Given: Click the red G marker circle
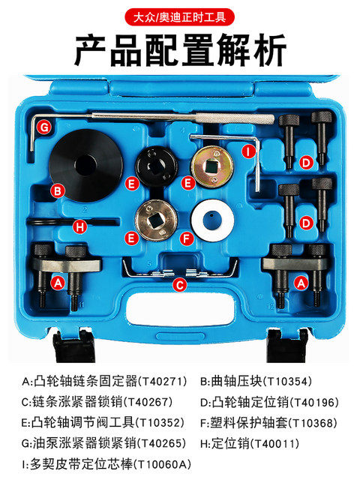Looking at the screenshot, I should (x=44, y=127).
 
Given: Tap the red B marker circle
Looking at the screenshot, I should (x=56, y=191).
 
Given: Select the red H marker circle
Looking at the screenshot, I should (x=80, y=224).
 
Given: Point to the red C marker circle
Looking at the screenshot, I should (x=179, y=284).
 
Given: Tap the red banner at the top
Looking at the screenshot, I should (x=180, y=16).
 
